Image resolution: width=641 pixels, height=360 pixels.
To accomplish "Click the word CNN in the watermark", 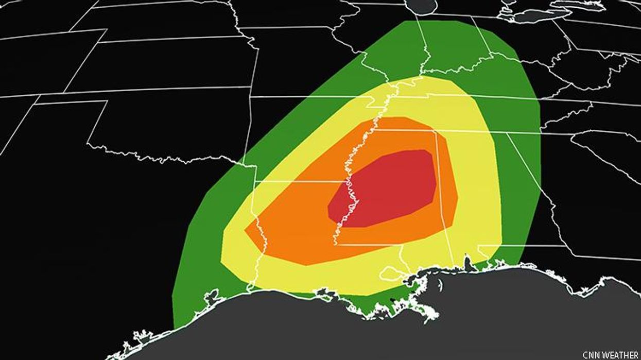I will tap(591, 355).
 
